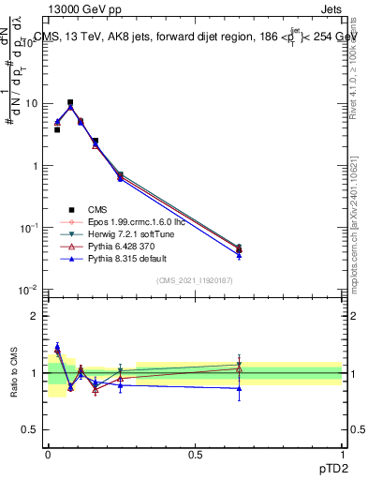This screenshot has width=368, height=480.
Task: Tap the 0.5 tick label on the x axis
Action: tap(194, 453)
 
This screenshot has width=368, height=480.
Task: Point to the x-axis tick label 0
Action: tap(48, 453)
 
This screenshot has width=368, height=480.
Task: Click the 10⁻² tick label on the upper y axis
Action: tap(31, 290)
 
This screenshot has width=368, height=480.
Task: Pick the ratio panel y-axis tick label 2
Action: tap(34, 317)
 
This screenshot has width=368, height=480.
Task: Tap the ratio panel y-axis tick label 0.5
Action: tap(30, 429)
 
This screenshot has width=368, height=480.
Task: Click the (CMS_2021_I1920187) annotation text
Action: tap(195, 280)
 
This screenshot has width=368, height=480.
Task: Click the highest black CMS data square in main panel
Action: tap(70, 102)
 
